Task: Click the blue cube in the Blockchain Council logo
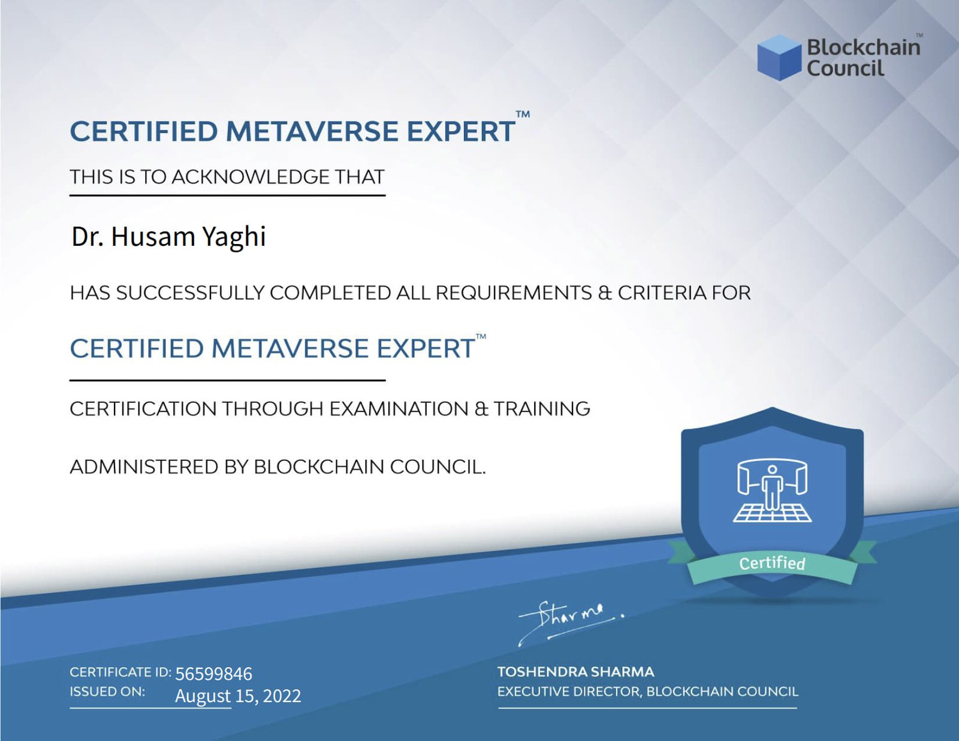click(779, 58)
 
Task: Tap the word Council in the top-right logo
click(846, 68)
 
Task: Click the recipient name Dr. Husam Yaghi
click(168, 237)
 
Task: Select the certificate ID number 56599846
click(213, 674)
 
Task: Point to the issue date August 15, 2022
click(238, 696)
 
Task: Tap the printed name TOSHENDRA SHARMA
click(576, 672)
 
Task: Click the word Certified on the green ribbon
click(773, 563)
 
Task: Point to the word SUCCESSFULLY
click(190, 293)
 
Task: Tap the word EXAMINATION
click(399, 409)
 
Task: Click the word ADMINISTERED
click(144, 467)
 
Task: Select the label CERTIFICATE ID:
click(120, 672)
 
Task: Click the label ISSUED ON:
click(107, 692)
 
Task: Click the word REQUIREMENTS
click(514, 293)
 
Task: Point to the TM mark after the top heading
click(523, 115)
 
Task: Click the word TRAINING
click(541, 409)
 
